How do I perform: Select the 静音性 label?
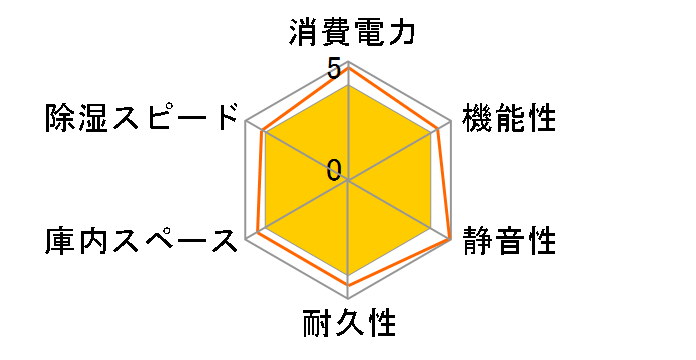tap(507, 241)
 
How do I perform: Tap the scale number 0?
tap(334, 168)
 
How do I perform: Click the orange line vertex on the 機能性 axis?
tap(439, 129)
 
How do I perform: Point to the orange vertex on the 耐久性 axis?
tap(348, 286)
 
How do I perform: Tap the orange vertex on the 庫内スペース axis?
tap(257, 233)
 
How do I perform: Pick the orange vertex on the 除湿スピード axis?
tap(261, 131)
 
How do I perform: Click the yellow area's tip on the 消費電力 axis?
tap(348, 85)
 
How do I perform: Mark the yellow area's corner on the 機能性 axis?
tap(431, 133)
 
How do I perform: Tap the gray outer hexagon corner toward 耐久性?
tap(348, 299)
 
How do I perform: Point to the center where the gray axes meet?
tap(348, 181)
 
